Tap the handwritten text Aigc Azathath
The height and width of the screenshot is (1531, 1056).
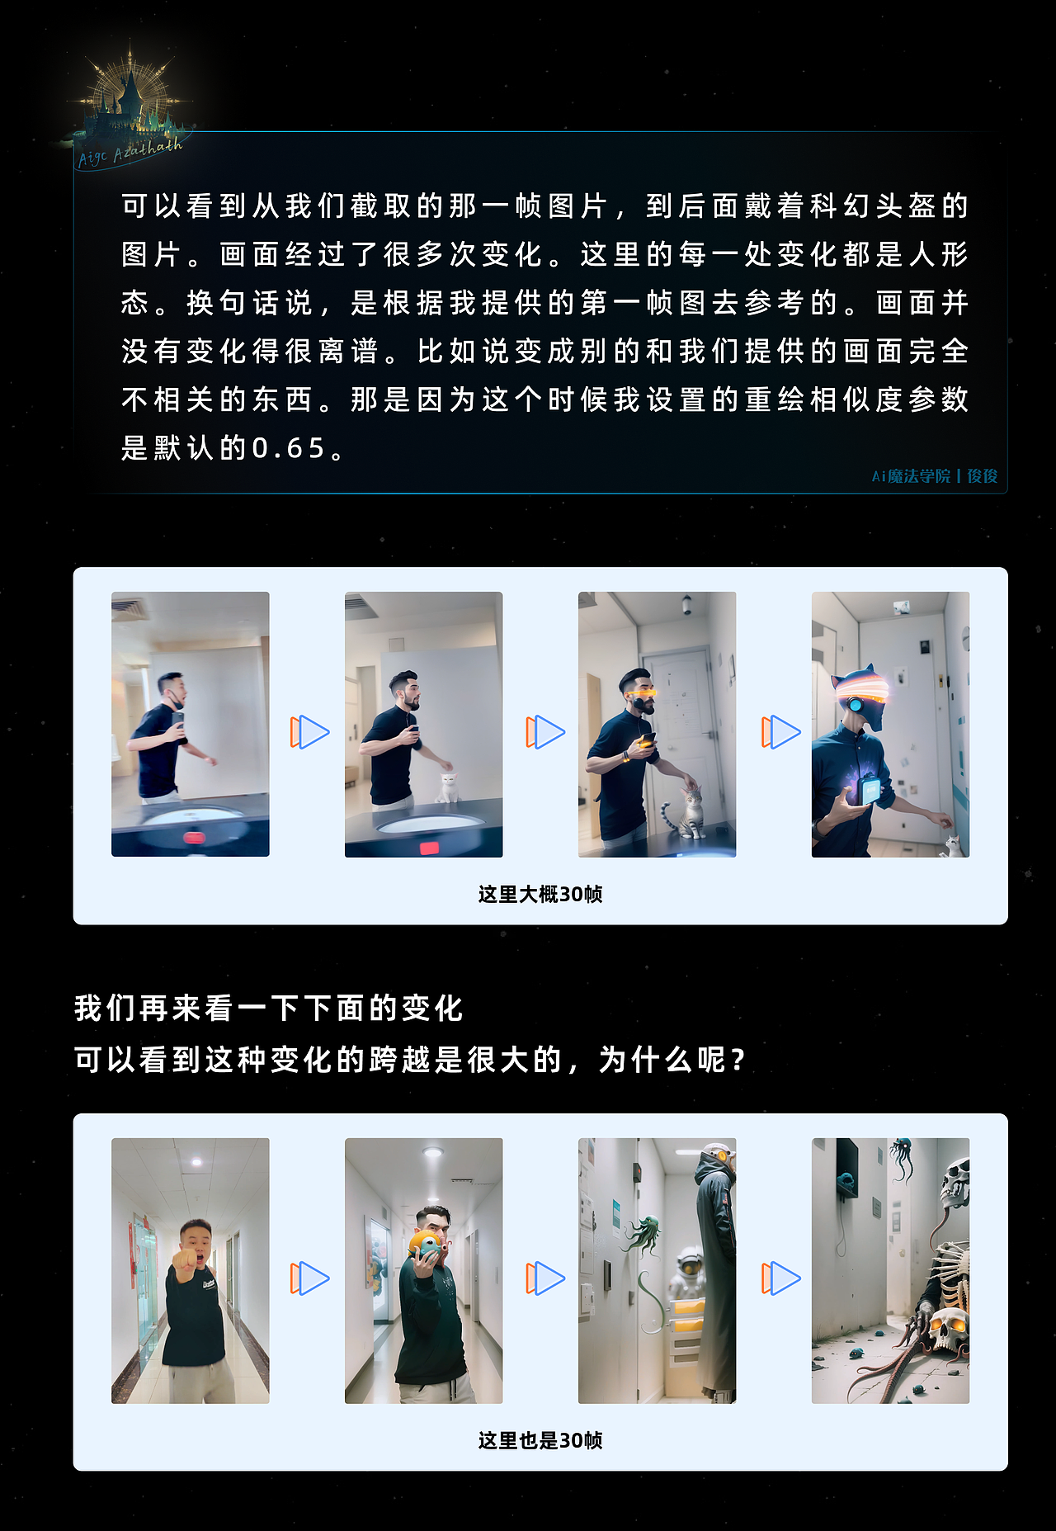(x=130, y=153)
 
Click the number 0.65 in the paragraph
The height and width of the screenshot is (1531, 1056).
(x=289, y=448)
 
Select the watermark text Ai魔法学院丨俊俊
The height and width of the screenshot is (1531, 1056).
(x=935, y=476)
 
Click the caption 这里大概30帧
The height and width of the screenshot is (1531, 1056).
(x=540, y=894)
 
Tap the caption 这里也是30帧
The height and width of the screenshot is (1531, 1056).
(x=540, y=1440)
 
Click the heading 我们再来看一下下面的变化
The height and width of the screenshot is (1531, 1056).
(x=269, y=1008)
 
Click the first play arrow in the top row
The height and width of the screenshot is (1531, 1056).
(x=309, y=732)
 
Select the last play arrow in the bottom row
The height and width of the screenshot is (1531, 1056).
(x=780, y=1278)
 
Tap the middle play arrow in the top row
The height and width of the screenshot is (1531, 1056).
(x=545, y=732)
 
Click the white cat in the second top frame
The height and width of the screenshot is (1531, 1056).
(x=448, y=787)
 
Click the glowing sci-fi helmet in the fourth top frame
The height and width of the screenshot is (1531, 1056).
(x=862, y=697)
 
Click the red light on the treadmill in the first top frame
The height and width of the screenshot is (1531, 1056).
(x=195, y=838)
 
